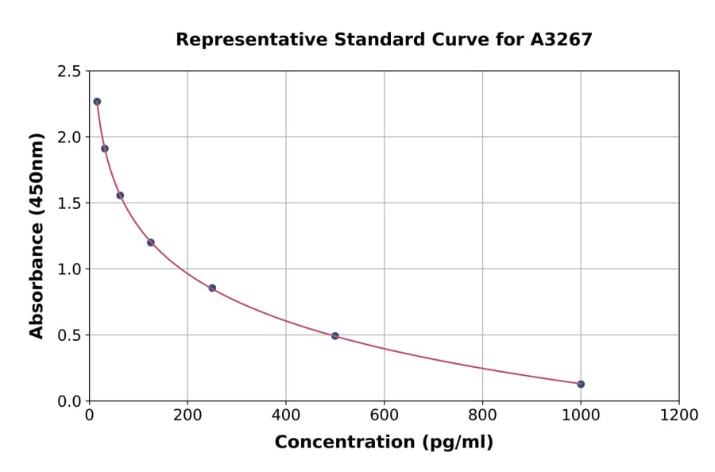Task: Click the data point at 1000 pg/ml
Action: click(x=581, y=384)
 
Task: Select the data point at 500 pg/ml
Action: click(x=335, y=336)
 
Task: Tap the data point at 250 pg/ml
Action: click(x=212, y=288)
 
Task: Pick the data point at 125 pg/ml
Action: click(x=151, y=242)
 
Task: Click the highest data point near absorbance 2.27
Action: click(x=97, y=102)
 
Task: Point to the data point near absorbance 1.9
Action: click(x=105, y=149)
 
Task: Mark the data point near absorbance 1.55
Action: click(x=120, y=195)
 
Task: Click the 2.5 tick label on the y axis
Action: click(x=68, y=72)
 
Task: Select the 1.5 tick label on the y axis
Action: click(x=68, y=203)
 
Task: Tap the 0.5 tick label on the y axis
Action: click(x=68, y=335)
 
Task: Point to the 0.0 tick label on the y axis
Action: click(x=68, y=401)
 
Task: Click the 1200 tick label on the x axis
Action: click(x=678, y=416)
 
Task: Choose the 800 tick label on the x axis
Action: click(x=482, y=416)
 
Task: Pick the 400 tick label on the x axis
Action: click(x=286, y=416)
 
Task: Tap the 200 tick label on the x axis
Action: click(x=187, y=416)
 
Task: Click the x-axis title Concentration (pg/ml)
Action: click(x=384, y=443)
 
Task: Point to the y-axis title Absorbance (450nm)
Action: click(x=37, y=235)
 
